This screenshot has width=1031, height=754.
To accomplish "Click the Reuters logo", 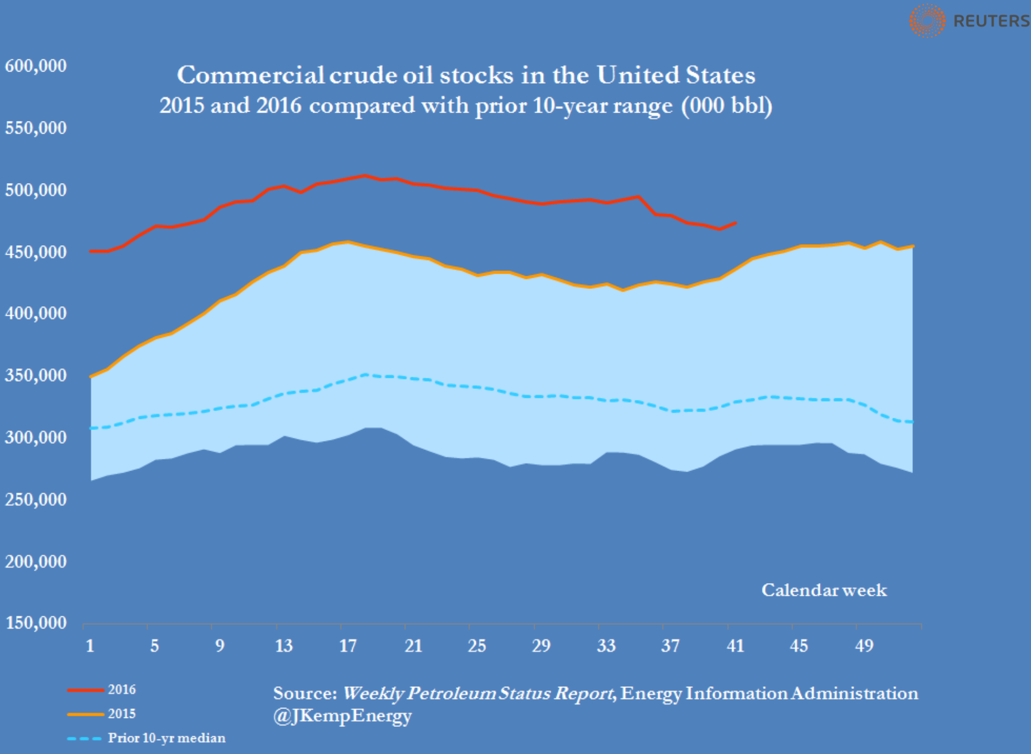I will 968,21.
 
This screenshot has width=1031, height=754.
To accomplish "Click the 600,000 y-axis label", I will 36,66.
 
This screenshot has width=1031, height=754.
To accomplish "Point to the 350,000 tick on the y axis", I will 36,376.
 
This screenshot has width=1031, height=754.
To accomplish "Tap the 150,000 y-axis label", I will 36,623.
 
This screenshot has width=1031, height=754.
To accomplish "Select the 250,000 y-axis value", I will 36,499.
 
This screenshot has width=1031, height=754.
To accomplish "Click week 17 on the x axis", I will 348,646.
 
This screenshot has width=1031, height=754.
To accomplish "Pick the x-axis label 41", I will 735,646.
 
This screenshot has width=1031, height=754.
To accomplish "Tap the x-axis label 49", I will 864,646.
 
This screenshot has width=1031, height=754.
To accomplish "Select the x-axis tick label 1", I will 90,646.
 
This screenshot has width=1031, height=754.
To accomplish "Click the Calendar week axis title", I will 824,590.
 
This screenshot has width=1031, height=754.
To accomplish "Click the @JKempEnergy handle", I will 342,716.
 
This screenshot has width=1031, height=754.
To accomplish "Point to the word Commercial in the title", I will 251,75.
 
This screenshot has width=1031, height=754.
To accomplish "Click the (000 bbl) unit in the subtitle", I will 727,105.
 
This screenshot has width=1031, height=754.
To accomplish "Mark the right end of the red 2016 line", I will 735,223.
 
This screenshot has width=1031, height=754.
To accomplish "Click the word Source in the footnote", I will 304,694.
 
